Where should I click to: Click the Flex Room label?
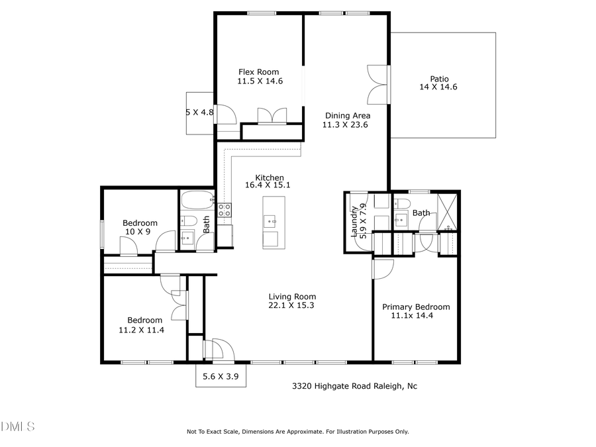click(258, 72)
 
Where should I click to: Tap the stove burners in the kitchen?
click(225, 210)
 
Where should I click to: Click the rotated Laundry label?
click(355, 221)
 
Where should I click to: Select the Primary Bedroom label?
click(416, 307)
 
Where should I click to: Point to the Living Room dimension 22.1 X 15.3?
click(291, 305)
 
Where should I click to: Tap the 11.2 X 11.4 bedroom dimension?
click(140, 329)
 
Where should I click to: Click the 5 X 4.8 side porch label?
click(200, 113)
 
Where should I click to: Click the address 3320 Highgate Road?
click(355, 386)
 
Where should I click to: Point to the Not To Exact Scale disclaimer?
click(297, 431)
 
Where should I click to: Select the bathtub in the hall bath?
click(197, 199)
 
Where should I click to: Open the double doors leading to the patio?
click(377, 85)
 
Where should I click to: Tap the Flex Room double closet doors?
click(272, 115)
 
